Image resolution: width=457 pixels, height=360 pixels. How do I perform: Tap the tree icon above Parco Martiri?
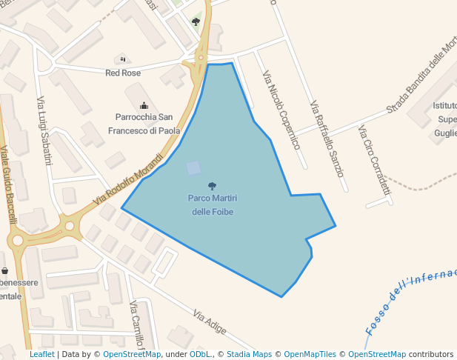click(x=213, y=186)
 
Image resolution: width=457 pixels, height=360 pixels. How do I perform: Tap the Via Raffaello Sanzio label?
click(x=327, y=139)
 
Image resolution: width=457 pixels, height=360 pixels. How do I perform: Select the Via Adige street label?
click(x=210, y=321)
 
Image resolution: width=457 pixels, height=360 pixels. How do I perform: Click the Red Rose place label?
click(x=123, y=73)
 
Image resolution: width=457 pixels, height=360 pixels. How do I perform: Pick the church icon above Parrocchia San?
click(x=144, y=105)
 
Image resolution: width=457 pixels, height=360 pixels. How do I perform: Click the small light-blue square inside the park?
click(x=193, y=168)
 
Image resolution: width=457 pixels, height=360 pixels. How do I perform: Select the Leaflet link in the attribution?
click(x=41, y=355)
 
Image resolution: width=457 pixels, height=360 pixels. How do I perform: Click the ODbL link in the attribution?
click(x=199, y=355)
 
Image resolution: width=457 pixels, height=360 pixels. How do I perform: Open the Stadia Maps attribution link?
click(x=249, y=355)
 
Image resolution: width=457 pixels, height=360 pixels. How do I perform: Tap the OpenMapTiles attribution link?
click(x=310, y=355)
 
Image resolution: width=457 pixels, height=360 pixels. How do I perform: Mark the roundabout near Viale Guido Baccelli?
click(x=18, y=240)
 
